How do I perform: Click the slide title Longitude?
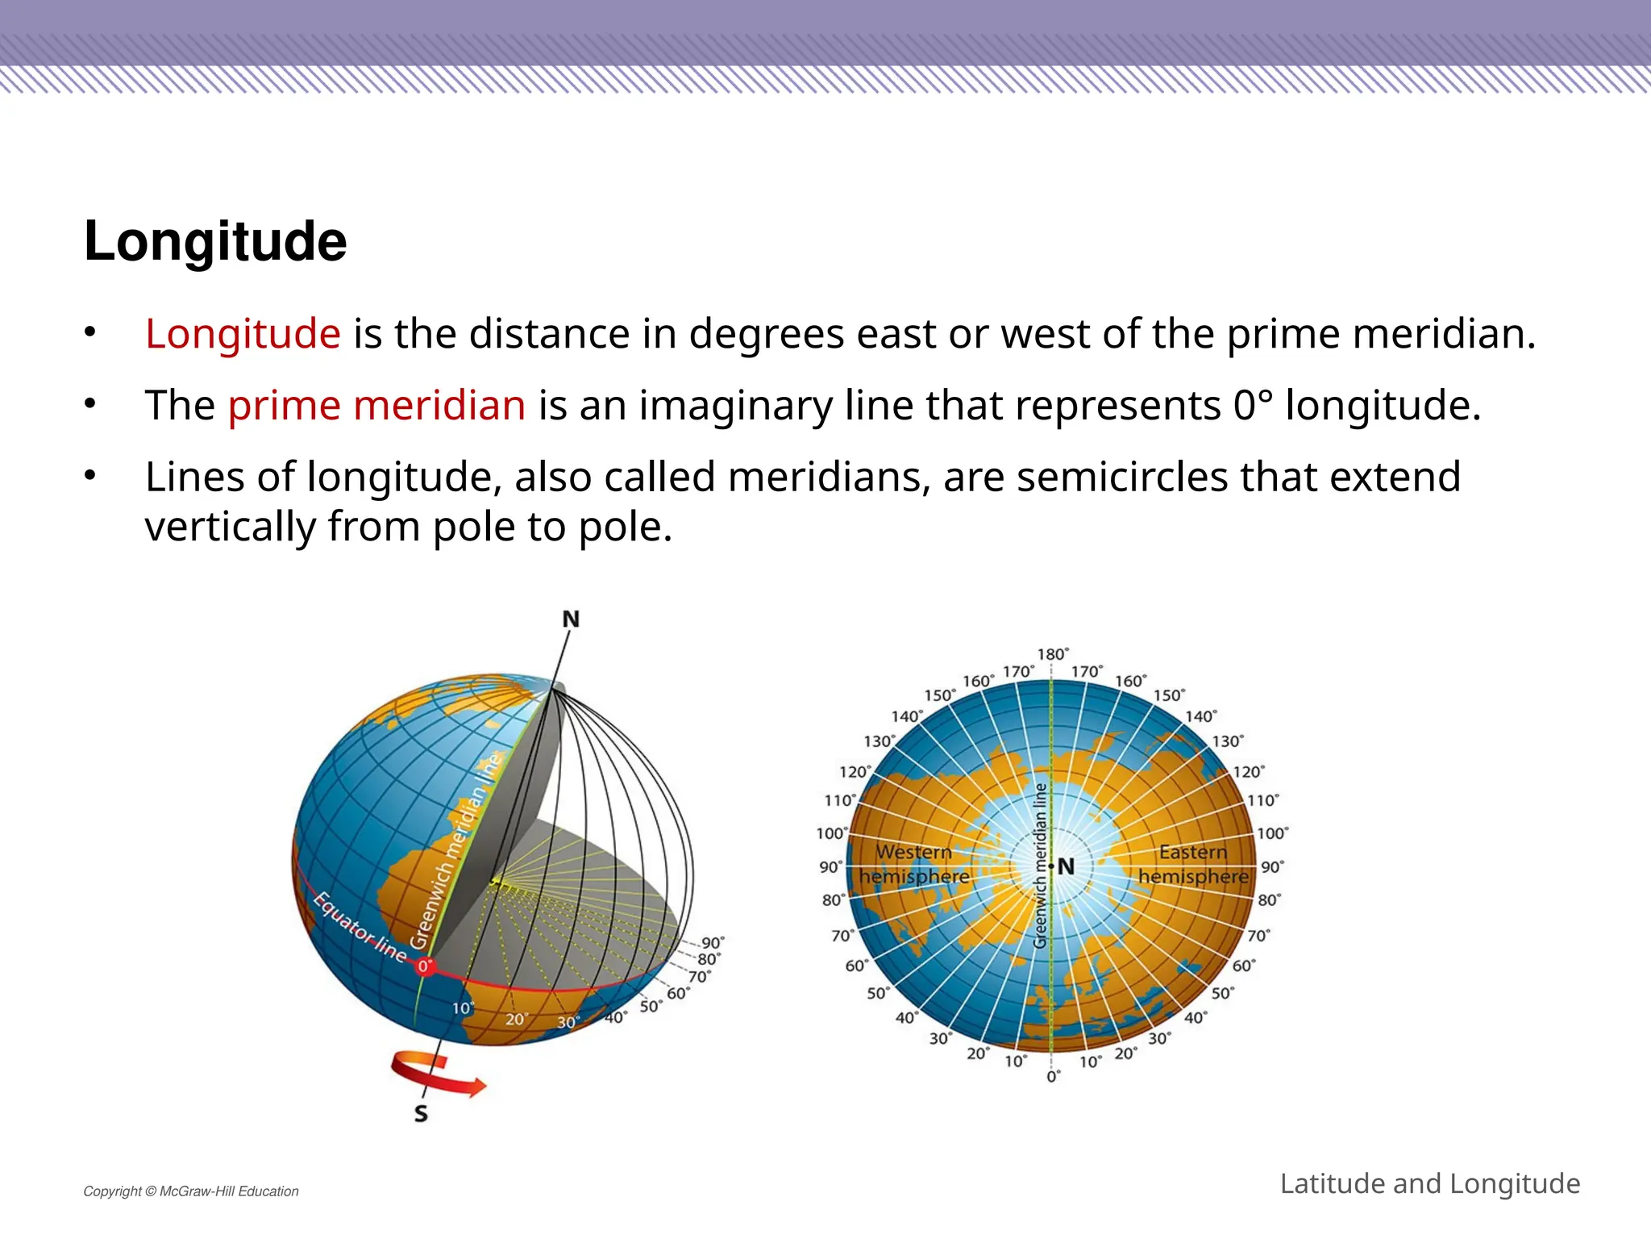tap(215, 240)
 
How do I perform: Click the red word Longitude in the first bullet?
tap(243, 334)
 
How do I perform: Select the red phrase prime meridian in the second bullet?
tap(376, 405)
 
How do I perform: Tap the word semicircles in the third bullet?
tap(1122, 477)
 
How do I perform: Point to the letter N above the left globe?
tap(571, 619)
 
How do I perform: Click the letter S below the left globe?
tap(421, 1114)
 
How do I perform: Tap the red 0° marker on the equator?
tap(425, 966)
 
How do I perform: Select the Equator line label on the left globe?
tap(360, 928)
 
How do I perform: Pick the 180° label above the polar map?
tap(1053, 654)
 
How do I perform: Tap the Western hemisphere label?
tap(914, 864)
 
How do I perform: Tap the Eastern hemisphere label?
tap(1193, 864)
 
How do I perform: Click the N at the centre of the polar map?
tap(1067, 866)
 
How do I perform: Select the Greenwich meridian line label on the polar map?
tap(1041, 865)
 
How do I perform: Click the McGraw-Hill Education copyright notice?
tap(191, 1191)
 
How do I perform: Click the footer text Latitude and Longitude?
tap(1429, 1183)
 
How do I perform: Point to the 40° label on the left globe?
tap(615, 1018)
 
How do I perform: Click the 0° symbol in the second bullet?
tap(1253, 405)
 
